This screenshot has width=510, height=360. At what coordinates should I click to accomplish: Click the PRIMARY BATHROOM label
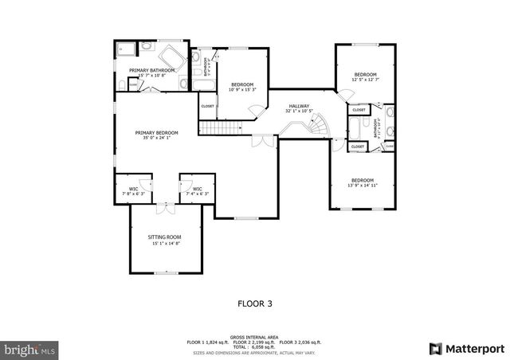coord(147,70)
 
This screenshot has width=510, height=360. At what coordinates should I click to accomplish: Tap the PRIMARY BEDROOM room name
coord(156,132)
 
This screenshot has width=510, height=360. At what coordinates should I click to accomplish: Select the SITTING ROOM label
coord(164,237)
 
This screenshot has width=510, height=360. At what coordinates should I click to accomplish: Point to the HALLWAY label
coord(299,106)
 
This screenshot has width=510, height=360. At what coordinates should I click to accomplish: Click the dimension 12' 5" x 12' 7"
coord(366,80)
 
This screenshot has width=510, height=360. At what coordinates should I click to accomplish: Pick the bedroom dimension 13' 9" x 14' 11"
coord(362,186)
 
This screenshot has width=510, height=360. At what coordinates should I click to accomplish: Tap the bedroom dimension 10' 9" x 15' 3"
coord(242,90)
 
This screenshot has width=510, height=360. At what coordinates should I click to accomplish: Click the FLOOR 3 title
coord(255,303)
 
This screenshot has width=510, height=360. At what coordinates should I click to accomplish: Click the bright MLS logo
coord(29,349)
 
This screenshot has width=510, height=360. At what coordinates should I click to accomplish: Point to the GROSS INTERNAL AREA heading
coord(254,337)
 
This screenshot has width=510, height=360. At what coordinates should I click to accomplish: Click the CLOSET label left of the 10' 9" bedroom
coord(207,106)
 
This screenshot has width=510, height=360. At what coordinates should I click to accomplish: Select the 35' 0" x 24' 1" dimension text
coord(156,138)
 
